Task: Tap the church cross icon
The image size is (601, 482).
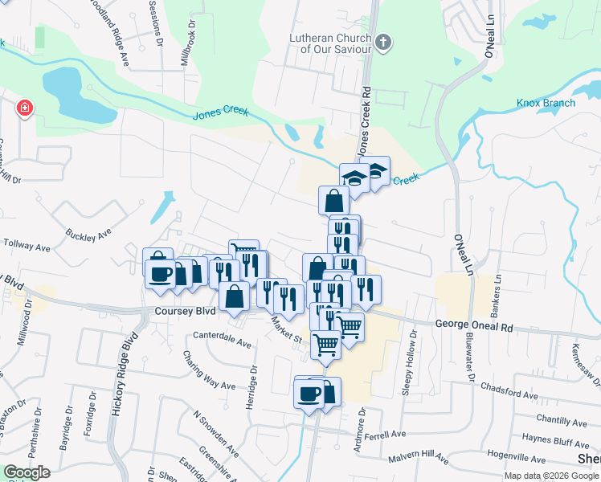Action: click(x=383, y=43)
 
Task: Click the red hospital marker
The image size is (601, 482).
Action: click(x=25, y=107)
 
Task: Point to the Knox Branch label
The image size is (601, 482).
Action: click(x=546, y=103)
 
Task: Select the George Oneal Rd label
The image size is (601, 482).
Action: click(x=474, y=328)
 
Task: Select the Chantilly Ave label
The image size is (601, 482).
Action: click(x=563, y=419)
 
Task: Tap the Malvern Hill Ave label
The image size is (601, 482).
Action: click(x=419, y=456)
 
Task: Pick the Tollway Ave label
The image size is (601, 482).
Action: click(x=27, y=242)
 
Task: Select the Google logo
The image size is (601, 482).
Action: click(x=27, y=472)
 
